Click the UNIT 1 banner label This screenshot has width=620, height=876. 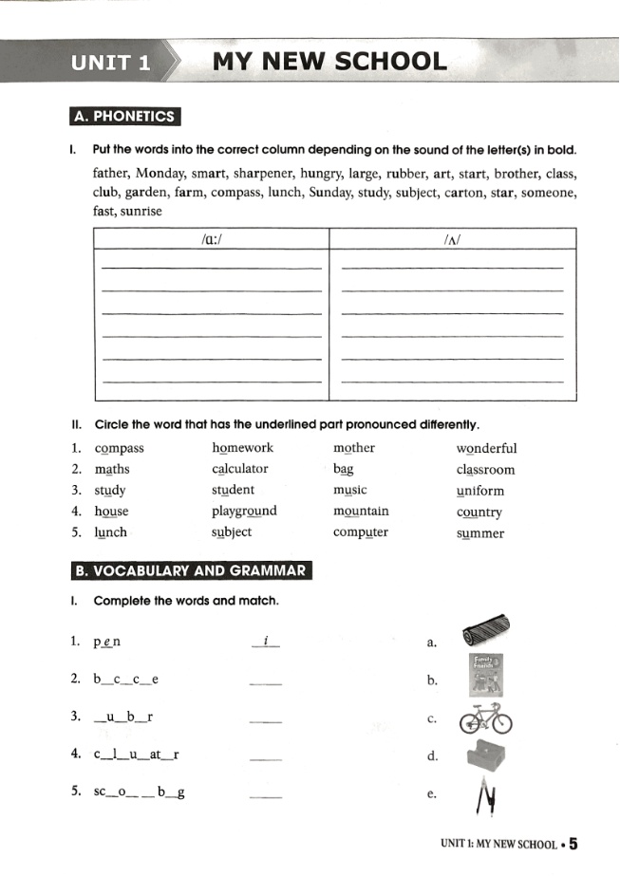[110, 63]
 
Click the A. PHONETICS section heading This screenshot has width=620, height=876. [125, 117]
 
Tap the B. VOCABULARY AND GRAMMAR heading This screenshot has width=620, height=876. [191, 570]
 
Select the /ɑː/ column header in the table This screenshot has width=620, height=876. [211, 241]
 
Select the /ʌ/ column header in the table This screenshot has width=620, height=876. [452, 241]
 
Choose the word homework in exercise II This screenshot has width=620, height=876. [242, 448]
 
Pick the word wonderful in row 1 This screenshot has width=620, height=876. [486, 449]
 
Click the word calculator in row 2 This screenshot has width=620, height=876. [240, 469]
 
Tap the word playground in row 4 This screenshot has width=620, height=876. [244, 511]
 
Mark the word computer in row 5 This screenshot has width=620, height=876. [361, 532]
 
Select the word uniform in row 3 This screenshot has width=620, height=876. [480, 491]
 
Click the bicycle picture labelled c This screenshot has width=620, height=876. [485, 719]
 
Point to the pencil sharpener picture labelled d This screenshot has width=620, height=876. [486, 756]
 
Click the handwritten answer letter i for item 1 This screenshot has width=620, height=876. [267, 642]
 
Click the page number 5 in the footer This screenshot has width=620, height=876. [575, 842]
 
